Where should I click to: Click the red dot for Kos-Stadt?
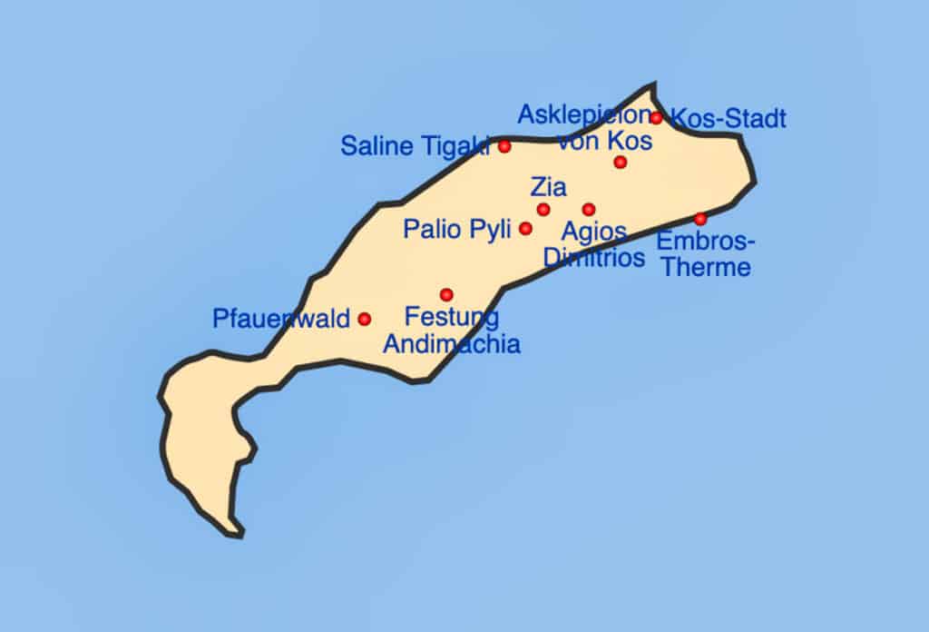[656, 118]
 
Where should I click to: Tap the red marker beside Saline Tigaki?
[504, 146]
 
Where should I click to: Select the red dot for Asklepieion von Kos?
[620, 163]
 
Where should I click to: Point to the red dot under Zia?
[543, 210]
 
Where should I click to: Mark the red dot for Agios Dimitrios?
[589, 210]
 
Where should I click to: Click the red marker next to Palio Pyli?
[525, 229]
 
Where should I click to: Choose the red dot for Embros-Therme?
[700, 219]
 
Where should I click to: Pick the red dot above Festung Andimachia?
[446, 294]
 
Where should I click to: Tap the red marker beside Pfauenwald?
[364, 319]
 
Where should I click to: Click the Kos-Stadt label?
[728, 119]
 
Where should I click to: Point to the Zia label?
[548, 188]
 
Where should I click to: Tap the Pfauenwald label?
[281, 320]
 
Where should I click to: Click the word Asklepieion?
[583, 115]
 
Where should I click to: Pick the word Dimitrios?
[593, 258]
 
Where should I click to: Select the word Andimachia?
[452, 344]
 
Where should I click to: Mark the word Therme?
[705, 268]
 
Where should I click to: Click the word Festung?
[451, 318]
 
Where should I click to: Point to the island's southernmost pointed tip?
[239, 534]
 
